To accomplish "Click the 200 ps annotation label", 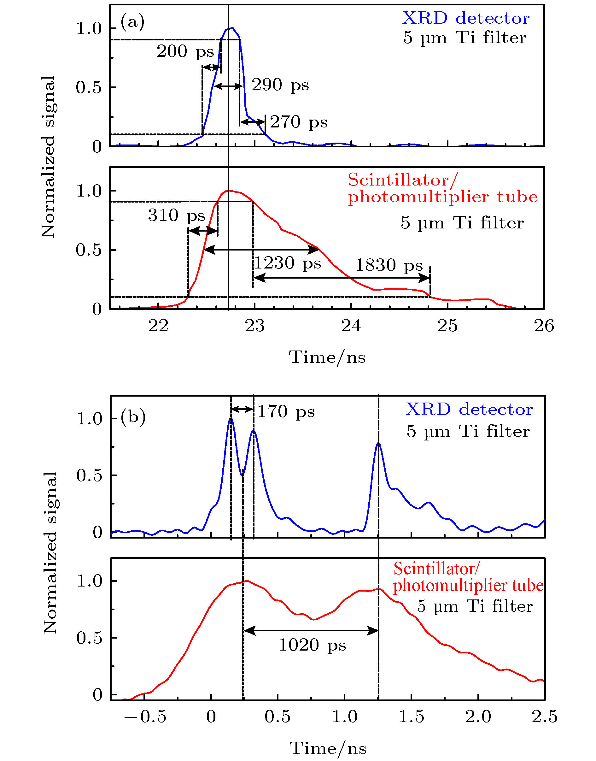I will [x=185, y=52].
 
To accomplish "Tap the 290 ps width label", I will [x=280, y=85].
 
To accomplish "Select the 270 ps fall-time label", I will [x=299, y=122].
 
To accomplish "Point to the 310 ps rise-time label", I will [x=176, y=215].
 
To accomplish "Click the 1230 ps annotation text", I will [x=287, y=263].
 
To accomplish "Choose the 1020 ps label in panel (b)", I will [x=312, y=645].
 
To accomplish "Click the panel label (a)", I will [x=132, y=22].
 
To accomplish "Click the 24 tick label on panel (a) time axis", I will [x=351, y=326].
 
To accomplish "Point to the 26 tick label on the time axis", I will [x=544, y=326].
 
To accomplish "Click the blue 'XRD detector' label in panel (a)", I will [x=465, y=18].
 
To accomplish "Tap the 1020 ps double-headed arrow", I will [x=311, y=630].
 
